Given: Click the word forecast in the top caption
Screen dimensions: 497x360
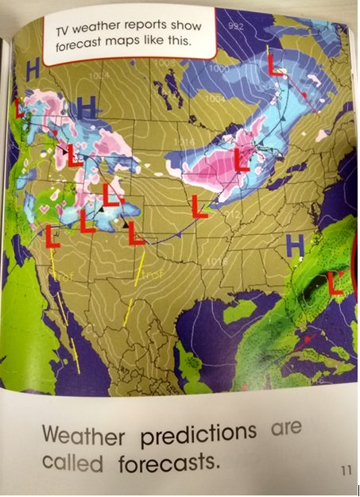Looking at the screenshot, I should tap(83, 48).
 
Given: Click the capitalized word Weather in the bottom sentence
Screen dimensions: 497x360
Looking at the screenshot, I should tap(85, 434).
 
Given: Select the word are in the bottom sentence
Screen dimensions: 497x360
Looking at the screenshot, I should tap(286, 428).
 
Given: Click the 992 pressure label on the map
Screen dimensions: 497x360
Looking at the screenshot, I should tap(236, 27).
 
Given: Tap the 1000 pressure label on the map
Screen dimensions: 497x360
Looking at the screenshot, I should tap(219, 69).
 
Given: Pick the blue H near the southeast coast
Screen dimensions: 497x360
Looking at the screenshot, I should tap(296, 246).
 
